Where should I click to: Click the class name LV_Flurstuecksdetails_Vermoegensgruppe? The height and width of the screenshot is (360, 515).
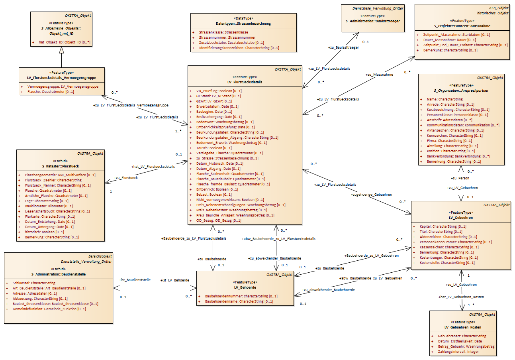[x=62, y=78]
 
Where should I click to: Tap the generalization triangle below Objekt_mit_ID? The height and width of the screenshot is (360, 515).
[x=61, y=50]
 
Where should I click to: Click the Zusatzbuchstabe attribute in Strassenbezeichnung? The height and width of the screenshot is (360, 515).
[x=231, y=43]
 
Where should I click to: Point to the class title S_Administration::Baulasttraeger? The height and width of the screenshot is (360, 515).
[x=373, y=21]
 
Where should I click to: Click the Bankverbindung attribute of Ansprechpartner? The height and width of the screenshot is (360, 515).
[x=458, y=156]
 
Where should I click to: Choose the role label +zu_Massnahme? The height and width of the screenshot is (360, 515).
[x=379, y=75]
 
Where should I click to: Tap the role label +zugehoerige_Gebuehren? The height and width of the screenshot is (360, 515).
[x=371, y=195]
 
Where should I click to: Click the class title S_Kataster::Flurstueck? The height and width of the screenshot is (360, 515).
[x=61, y=166]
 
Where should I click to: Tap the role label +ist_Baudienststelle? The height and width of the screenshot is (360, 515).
[x=135, y=280]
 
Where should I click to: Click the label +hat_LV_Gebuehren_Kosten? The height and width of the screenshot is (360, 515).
[x=461, y=297]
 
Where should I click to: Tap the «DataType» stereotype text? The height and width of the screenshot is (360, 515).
[x=243, y=18]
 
